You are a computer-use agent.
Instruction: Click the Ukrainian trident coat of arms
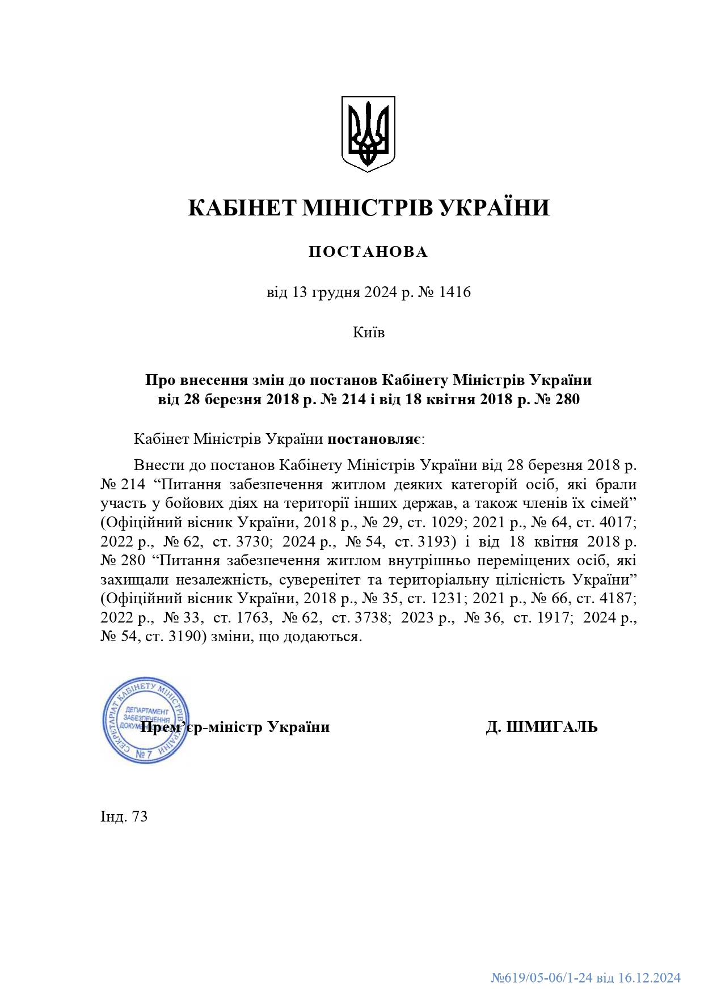click(x=368, y=133)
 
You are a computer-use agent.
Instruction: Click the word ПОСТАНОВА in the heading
click(x=368, y=252)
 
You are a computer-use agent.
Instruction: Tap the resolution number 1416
click(x=455, y=293)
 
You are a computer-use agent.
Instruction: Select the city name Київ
click(x=368, y=332)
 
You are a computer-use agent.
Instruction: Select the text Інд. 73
click(x=124, y=816)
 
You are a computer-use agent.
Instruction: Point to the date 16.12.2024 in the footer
click(x=649, y=978)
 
